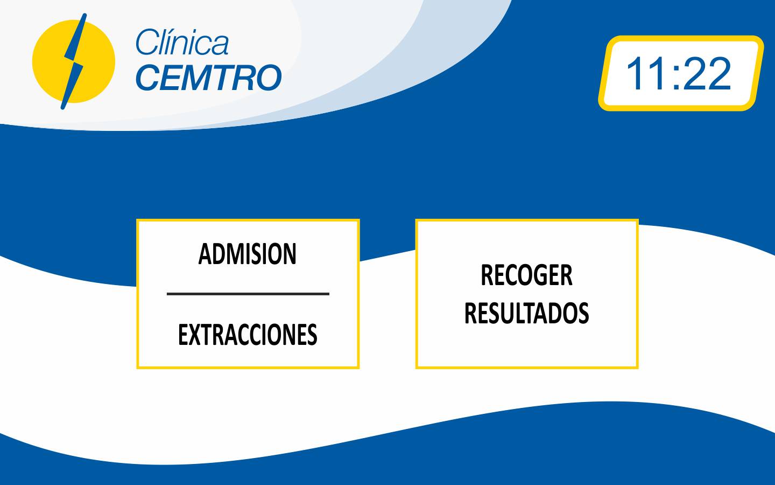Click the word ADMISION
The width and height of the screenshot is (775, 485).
tap(248, 254)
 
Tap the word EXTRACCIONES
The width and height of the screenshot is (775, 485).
tap(248, 335)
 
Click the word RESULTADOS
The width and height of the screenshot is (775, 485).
tap(526, 313)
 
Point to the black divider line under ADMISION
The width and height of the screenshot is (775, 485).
tap(248, 294)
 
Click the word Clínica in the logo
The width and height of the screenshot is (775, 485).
tap(182, 42)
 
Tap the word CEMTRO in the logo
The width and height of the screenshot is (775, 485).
tap(209, 77)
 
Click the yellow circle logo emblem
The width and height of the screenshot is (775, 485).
tap(73, 61)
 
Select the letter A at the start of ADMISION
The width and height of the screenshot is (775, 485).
tap(205, 254)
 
